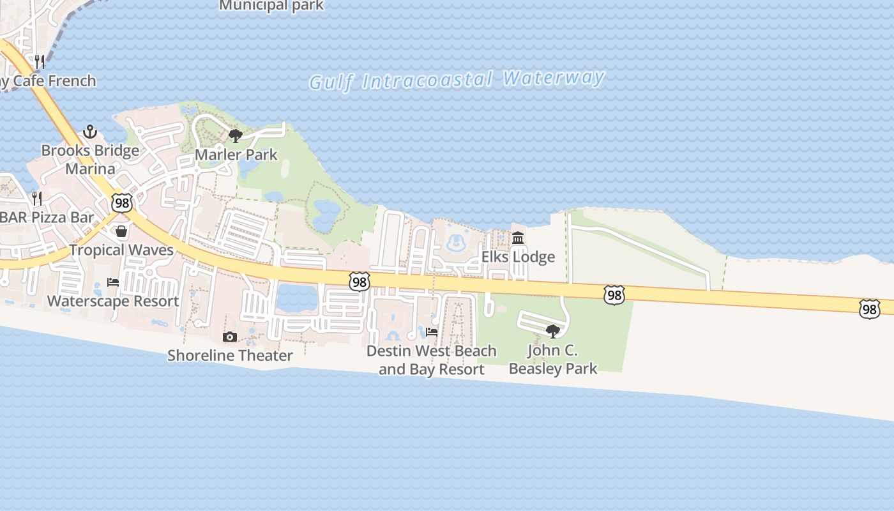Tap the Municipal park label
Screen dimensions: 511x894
pyautogui.click(x=271, y=6)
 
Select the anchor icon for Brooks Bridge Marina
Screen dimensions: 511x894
pyautogui.click(x=90, y=132)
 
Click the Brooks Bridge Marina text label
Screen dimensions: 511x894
pyautogui.click(x=90, y=160)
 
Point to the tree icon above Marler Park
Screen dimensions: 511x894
pyautogui.click(x=236, y=135)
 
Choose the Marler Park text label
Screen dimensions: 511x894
pyautogui.click(x=236, y=155)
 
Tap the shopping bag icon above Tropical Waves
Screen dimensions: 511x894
pyautogui.click(x=121, y=231)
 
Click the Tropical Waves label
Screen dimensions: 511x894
pyautogui.click(x=121, y=250)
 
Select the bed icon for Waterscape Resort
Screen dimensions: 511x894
pyautogui.click(x=113, y=282)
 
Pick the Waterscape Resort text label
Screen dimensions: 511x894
pyautogui.click(x=113, y=301)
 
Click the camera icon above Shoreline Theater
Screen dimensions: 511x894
pyautogui.click(x=230, y=337)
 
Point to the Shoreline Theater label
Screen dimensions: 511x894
pyautogui.click(x=230, y=356)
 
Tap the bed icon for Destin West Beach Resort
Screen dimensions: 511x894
pyautogui.click(x=432, y=332)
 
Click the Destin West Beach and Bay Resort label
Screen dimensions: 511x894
pyautogui.click(x=432, y=360)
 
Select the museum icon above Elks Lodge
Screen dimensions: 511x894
pyautogui.click(x=518, y=238)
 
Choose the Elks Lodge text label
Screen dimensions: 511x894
pyautogui.click(x=518, y=257)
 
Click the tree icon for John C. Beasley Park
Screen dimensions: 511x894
pyautogui.click(x=553, y=331)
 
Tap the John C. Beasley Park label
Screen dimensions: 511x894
pyautogui.click(x=553, y=359)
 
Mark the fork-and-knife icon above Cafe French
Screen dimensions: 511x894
pyautogui.click(x=40, y=62)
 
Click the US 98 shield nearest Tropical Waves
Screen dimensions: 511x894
pyautogui.click(x=121, y=203)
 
